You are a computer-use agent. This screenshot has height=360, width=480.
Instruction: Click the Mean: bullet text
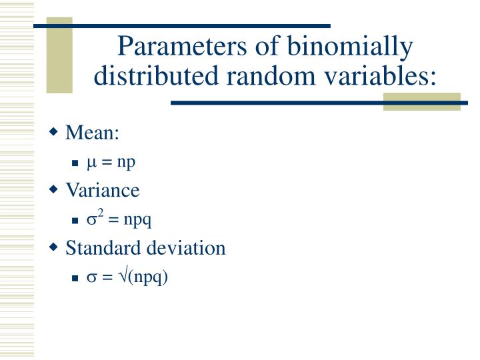pyautogui.click(x=92, y=133)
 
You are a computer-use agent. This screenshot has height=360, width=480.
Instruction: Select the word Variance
pyautogui.click(x=102, y=191)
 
